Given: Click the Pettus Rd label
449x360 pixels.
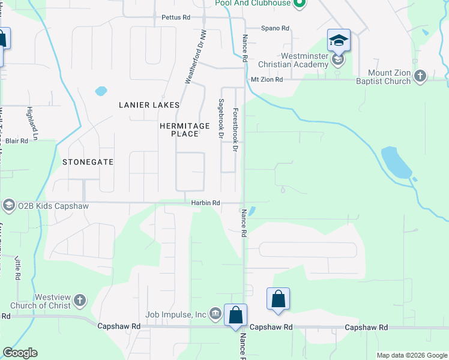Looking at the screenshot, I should (x=175, y=18).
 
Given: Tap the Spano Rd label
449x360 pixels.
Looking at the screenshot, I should (x=275, y=28).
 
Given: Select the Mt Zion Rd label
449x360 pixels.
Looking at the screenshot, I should (x=267, y=79).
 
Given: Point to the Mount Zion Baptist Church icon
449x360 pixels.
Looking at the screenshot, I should (x=420, y=76).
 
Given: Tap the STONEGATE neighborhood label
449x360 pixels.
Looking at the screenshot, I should (x=88, y=162).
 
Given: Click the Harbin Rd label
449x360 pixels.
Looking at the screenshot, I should (x=206, y=203).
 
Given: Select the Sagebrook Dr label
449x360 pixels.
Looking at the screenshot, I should (x=221, y=119).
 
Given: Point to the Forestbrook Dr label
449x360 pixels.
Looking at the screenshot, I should (x=236, y=130).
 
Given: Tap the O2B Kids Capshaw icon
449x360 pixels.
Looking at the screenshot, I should (x=8, y=206).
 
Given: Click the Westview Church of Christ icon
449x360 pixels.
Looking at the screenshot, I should (x=80, y=300).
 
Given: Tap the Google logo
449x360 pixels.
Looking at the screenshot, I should (x=20, y=353).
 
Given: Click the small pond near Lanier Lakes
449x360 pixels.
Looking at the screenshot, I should (x=101, y=92).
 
